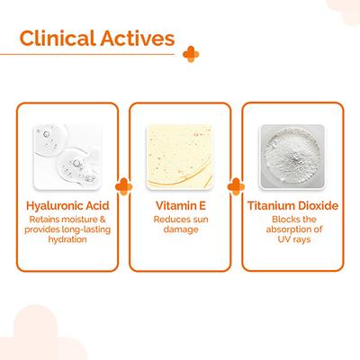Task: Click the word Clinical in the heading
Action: pos(57,38)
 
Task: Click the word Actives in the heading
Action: pos(138,38)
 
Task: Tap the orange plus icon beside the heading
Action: pos(191,54)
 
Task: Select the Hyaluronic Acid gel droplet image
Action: pos(67,157)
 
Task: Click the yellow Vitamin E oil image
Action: pos(180,157)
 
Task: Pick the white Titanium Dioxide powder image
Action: pos(292,157)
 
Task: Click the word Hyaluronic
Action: pos(54,206)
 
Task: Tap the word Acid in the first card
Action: pos(97,206)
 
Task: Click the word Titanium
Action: pos(268,206)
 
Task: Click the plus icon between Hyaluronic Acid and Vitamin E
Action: pos(123,186)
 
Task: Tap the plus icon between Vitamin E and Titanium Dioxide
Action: pos(236,186)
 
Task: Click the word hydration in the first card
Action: pos(67,239)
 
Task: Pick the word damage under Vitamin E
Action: pos(181,229)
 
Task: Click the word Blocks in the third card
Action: pos(283,220)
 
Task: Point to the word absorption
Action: pos(286,229)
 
